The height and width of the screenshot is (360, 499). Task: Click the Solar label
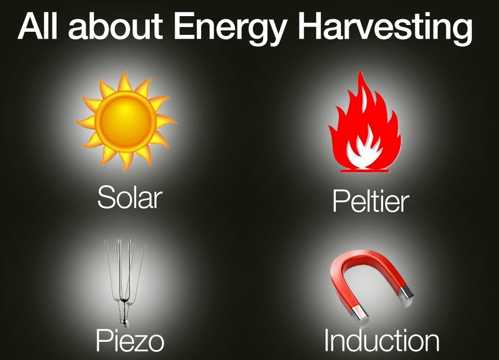[129, 198]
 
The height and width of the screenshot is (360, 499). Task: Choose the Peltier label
[371, 202]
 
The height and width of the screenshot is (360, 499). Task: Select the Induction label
[382, 341]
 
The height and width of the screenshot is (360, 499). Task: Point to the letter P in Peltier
[339, 202]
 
